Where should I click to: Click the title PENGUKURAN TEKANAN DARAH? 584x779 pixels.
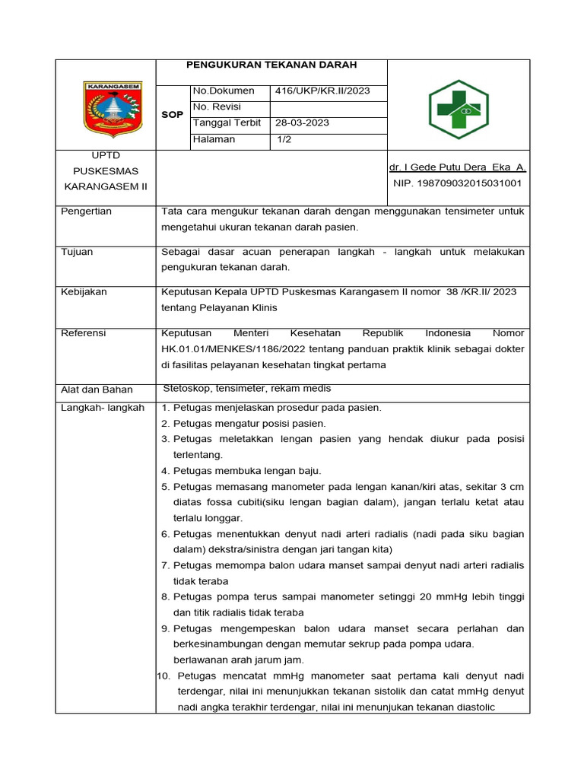point(271,65)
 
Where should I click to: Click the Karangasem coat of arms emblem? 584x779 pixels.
point(112,110)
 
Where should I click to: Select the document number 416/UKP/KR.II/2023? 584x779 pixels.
point(322,91)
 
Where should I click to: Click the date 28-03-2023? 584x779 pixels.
point(303,123)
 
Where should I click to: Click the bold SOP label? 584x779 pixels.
point(173,115)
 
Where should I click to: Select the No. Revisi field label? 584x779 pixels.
point(217,107)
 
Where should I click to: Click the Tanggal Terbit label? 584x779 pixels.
point(227,122)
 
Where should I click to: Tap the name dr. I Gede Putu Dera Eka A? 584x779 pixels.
point(457,167)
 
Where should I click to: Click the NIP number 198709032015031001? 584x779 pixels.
point(457,183)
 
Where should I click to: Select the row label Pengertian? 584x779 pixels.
point(86,211)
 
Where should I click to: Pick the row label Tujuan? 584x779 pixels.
point(77,252)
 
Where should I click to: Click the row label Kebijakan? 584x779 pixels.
point(84,292)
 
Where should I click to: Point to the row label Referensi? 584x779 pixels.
point(84,333)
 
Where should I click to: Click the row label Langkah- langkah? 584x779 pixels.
point(102,408)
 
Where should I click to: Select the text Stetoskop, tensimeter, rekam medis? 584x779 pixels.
point(247,389)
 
